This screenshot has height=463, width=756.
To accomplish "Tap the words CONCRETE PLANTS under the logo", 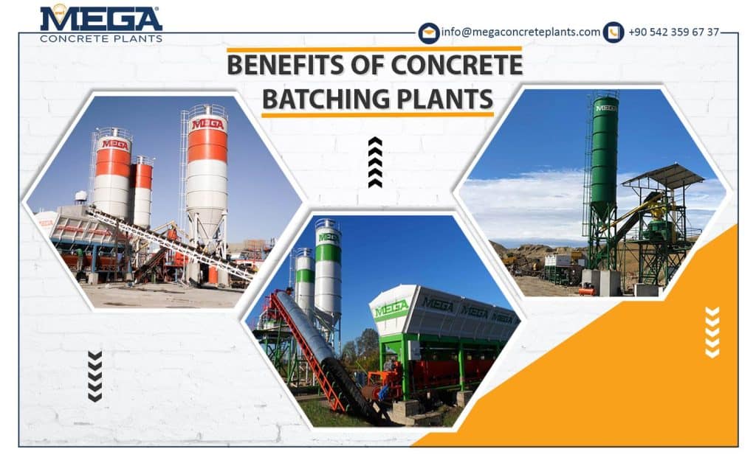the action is [x=101, y=38].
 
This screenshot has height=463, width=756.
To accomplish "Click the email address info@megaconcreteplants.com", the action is [x=520, y=32].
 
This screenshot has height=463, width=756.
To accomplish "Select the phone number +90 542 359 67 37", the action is [x=673, y=32].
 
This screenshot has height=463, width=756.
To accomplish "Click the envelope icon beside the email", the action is [x=429, y=33].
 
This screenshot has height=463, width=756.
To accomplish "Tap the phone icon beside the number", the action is [x=614, y=32].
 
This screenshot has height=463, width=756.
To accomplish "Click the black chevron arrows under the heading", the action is [x=375, y=162].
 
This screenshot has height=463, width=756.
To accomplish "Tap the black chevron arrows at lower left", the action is [x=94, y=376].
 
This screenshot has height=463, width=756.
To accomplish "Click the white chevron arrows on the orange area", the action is [x=712, y=332].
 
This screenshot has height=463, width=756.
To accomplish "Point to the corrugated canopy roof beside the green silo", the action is [x=663, y=175].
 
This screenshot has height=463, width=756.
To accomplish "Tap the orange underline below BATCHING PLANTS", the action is [x=377, y=114].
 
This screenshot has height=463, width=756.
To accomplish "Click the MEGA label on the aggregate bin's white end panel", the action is [x=391, y=308].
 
